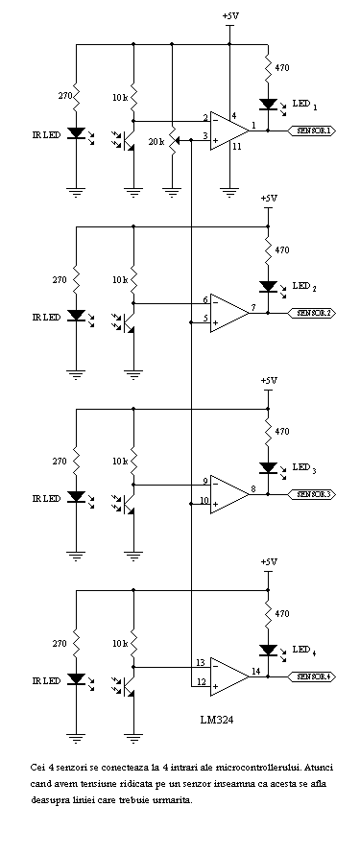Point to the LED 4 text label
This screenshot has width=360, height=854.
tap(304, 650)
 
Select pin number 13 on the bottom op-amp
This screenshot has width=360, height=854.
tap(201, 662)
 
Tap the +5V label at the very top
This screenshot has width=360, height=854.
tap(231, 16)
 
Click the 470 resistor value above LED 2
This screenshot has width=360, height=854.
tap(282, 249)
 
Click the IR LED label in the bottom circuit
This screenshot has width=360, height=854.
tap(46, 679)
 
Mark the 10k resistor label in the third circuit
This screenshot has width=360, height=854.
tap(118, 461)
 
